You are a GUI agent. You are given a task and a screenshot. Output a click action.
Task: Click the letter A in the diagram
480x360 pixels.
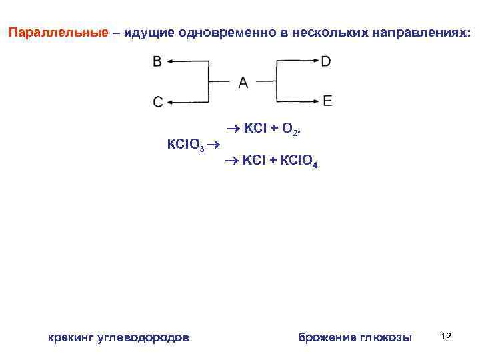[x=243, y=82]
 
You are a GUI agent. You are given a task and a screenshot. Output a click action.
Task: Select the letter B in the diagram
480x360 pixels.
[x=157, y=62]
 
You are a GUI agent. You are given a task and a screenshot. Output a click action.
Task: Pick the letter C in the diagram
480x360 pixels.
[x=157, y=102]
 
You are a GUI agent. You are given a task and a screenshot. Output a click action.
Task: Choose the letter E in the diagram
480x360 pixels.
[x=327, y=101]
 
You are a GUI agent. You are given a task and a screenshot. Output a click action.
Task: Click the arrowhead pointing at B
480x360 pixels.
[x=170, y=62]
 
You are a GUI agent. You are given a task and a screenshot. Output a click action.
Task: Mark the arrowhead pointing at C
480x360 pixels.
[x=170, y=102]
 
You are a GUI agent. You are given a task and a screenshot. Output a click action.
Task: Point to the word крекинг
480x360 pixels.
[x=71, y=337]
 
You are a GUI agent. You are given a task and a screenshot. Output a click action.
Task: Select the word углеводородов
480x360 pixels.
[x=143, y=337]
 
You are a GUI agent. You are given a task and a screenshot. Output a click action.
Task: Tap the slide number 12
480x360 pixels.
[x=446, y=336]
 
